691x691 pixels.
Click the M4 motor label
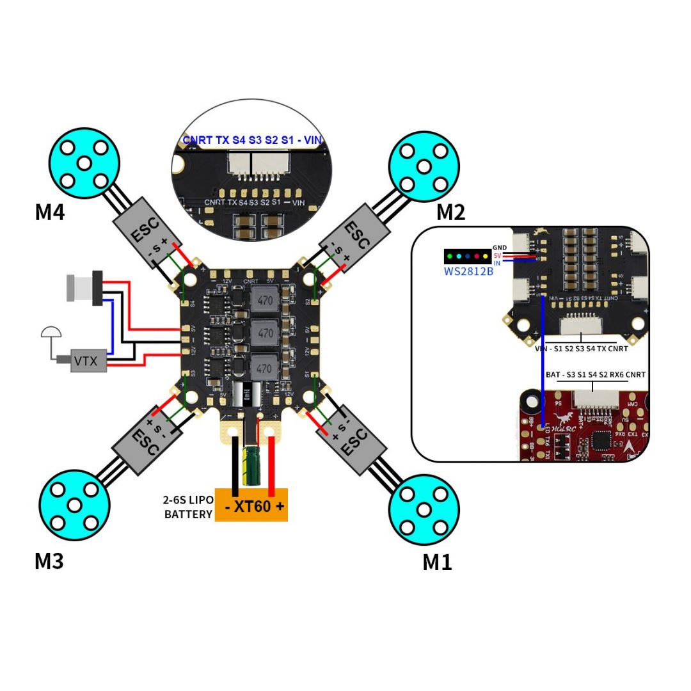[50, 211]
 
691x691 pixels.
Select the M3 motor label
[49, 561]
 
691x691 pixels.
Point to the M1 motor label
[437, 562]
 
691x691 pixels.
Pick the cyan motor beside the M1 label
[424, 509]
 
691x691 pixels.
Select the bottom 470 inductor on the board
[266, 368]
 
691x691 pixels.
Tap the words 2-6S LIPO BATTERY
[188, 507]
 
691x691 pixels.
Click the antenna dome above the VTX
[51, 333]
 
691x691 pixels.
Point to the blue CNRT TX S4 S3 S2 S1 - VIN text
[253, 139]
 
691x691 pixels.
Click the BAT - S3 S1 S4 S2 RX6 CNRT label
[591, 374]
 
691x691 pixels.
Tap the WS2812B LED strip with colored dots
[468, 257]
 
